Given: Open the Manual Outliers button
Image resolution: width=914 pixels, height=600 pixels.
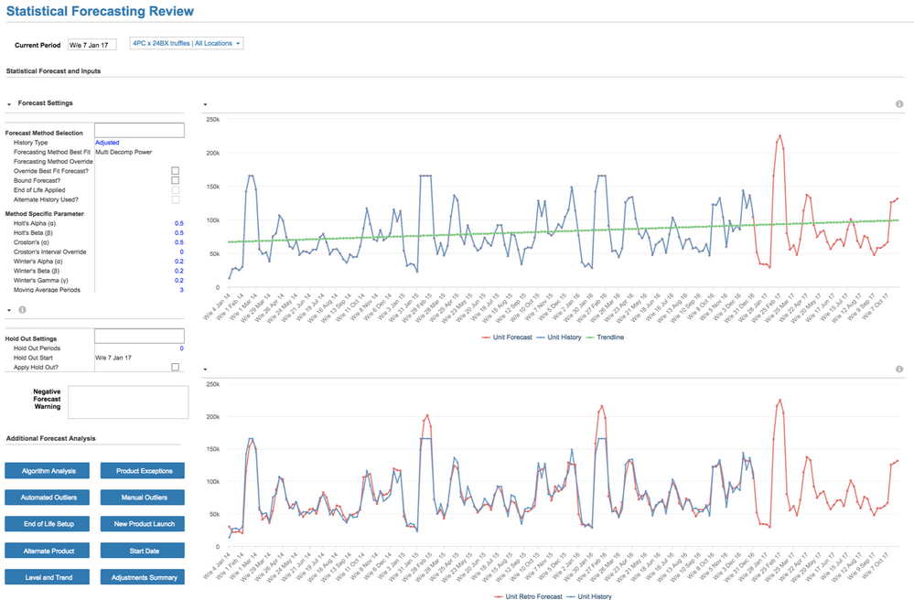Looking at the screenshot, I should click(143, 498).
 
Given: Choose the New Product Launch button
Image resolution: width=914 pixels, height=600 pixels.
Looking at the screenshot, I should click(143, 524).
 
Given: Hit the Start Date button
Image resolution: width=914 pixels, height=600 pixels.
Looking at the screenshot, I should click(143, 551).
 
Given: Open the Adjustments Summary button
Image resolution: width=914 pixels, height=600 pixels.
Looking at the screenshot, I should click(143, 577).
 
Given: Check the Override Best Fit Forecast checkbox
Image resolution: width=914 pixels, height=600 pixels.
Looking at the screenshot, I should click(176, 171).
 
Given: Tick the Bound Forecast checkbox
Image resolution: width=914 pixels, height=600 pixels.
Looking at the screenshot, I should click(176, 180).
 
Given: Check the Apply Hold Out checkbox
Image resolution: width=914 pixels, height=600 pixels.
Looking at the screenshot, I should click(176, 367).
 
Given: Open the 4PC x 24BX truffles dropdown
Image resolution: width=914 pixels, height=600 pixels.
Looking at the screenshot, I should click(186, 43).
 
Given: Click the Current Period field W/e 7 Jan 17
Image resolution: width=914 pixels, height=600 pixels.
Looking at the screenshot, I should click(92, 44).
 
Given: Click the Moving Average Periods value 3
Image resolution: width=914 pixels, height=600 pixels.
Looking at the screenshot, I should click(181, 290).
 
